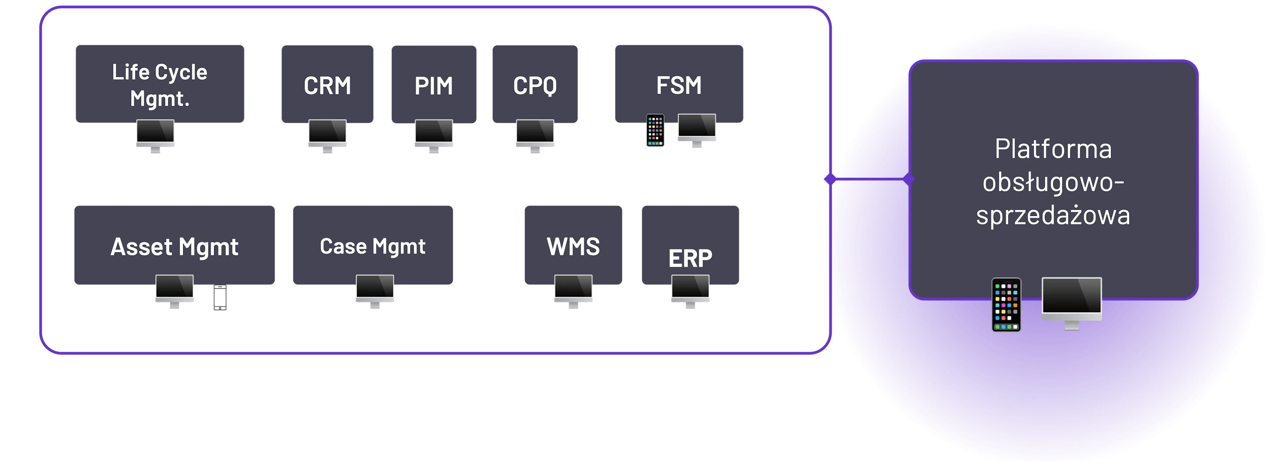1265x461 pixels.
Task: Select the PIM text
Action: (x=433, y=86)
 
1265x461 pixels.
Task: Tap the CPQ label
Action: (x=535, y=86)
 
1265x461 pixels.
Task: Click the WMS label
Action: (x=573, y=246)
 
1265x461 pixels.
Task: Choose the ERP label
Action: (x=690, y=258)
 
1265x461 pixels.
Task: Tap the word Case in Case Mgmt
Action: (x=343, y=246)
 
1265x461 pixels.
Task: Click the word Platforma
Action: (x=1053, y=149)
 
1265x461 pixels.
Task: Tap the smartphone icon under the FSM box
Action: (x=655, y=130)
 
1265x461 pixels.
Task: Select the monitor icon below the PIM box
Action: (x=434, y=136)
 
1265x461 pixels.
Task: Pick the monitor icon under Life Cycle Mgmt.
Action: (x=155, y=136)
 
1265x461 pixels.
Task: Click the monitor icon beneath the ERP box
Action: (x=690, y=290)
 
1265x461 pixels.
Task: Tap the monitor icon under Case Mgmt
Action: (x=375, y=290)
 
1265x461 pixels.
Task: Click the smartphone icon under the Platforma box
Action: (x=1006, y=305)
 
